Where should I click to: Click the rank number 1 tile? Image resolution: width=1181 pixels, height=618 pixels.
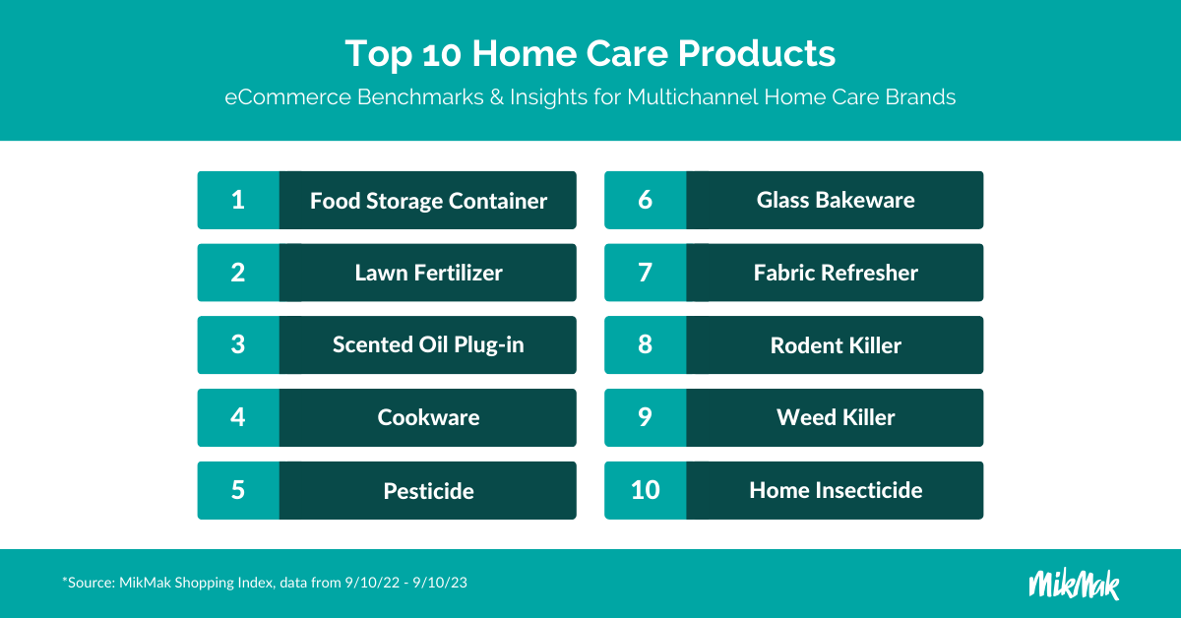[238, 200]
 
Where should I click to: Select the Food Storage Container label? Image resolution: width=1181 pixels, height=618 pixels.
[428, 201]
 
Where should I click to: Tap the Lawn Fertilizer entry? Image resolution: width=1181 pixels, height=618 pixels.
[428, 273]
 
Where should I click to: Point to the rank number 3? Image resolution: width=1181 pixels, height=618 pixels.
[238, 344]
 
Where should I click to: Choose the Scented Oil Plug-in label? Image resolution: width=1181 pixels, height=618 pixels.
[428, 344]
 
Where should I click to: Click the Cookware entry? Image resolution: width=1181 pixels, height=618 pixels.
[428, 417]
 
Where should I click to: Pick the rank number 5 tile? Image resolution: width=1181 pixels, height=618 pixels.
[238, 490]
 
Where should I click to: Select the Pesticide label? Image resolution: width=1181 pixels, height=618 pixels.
[428, 491]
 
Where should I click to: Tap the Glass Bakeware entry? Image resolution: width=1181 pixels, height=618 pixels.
[836, 200]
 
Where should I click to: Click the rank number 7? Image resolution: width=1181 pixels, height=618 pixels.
[646, 273]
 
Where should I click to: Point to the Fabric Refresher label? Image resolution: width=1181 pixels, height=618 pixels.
[836, 273]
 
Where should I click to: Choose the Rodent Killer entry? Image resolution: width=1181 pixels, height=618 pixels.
[836, 345]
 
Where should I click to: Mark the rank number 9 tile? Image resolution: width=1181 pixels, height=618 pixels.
[646, 417]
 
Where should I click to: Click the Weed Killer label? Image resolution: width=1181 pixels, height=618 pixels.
[836, 417]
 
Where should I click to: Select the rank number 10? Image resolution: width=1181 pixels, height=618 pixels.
[646, 490]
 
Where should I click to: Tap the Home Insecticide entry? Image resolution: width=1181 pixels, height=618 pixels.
[836, 490]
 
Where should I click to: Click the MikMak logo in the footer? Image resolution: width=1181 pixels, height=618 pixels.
[1074, 584]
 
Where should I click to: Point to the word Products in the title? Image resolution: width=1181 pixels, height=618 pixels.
[757, 53]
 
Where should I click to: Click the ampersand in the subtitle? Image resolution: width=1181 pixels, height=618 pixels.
[496, 97]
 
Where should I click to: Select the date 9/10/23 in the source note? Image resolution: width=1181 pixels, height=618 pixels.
[440, 583]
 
